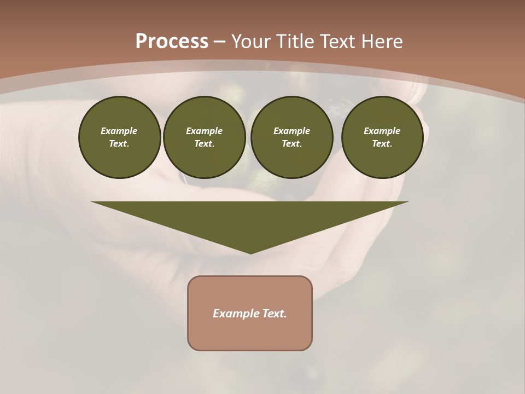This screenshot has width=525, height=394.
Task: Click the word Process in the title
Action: pos(172,42)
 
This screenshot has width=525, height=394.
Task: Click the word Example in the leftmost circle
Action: pos(119,131)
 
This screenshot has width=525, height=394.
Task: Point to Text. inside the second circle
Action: pos(205,143)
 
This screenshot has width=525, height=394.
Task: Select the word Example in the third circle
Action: pos(292,131)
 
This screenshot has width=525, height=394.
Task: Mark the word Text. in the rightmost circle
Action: pos(382,143)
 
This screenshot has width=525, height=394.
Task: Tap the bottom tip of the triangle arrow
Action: pos(250,252)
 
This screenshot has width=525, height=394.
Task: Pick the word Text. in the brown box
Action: pos(274,314)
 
